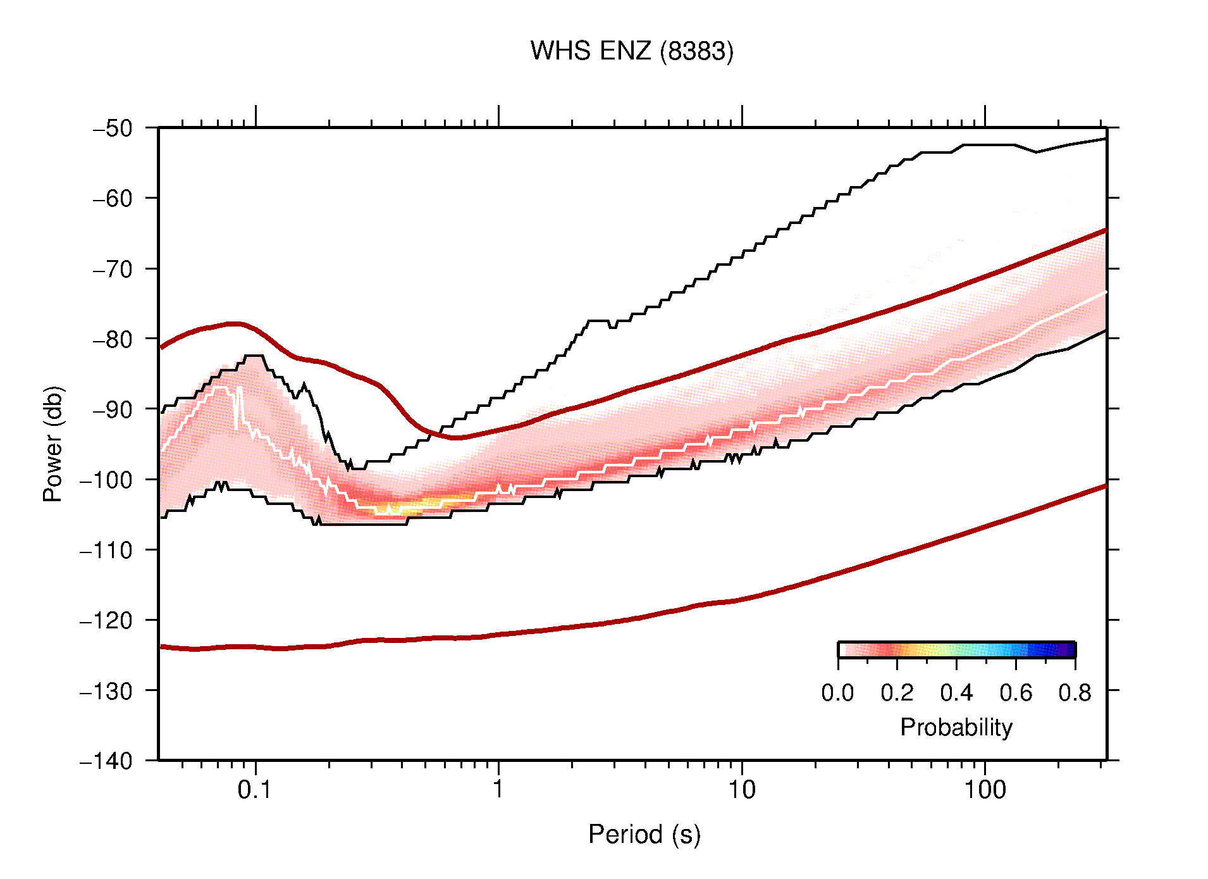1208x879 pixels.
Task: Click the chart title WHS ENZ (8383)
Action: click(x=631, y=51)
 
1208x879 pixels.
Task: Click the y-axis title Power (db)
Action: click(x=53, y=444)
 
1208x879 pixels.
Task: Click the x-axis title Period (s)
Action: click(x=644, y=834)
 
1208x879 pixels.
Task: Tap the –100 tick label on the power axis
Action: click(x=106, y=480)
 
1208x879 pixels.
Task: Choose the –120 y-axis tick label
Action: click(x=106, y=620)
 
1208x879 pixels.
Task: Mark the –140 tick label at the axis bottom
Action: click(x=106, y=761)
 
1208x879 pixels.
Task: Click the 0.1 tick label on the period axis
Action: click(x=255, y=789)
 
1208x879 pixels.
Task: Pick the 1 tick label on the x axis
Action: click(x=498, y=789)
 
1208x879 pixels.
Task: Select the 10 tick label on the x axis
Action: click(x=741, y=789)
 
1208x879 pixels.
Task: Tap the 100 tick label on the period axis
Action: click(x=984, y=789)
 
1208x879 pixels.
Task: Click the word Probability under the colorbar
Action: click(x=956, y=727)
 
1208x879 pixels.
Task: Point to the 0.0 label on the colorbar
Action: click(x=837, y=693)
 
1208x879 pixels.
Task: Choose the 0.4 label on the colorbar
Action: click(x=956, y=693)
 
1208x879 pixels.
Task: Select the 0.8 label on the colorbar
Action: click(x=1075, y=693)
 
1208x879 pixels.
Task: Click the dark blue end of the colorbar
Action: click(x=1069, y=650)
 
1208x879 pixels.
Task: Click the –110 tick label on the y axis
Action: click(x=106, y=550)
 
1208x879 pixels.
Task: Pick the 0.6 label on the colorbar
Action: click(x=1016, y=693)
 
